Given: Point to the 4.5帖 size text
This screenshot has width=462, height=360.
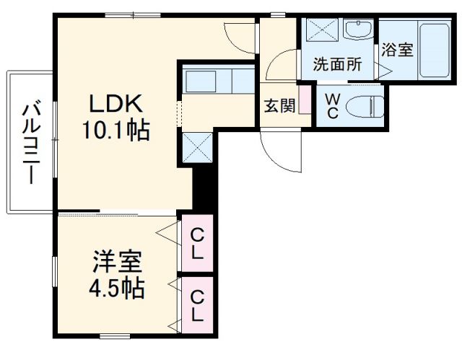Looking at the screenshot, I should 115,289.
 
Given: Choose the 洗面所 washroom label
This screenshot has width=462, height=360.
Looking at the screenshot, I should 336,63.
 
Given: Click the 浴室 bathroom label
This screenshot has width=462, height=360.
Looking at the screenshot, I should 397,51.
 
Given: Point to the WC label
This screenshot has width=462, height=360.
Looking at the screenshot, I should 333,106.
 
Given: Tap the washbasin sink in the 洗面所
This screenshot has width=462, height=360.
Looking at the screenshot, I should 357,32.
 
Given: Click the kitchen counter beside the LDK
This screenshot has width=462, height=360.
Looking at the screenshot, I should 217,81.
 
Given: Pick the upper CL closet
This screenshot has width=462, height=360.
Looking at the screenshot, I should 197,243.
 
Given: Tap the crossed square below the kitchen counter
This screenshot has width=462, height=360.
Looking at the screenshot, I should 196,148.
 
